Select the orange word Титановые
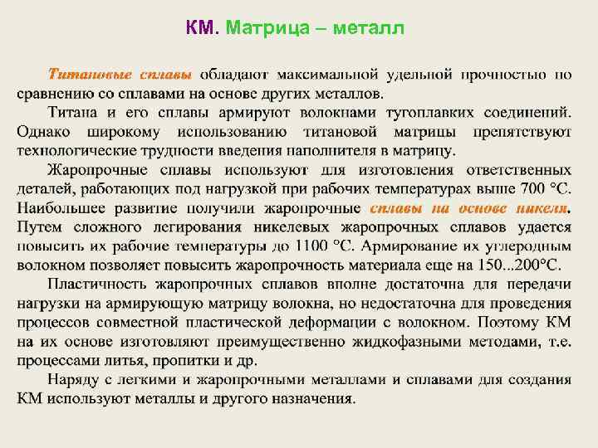85,75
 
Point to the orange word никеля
541,208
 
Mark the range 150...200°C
522,265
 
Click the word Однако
44,133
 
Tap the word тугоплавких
454,113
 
